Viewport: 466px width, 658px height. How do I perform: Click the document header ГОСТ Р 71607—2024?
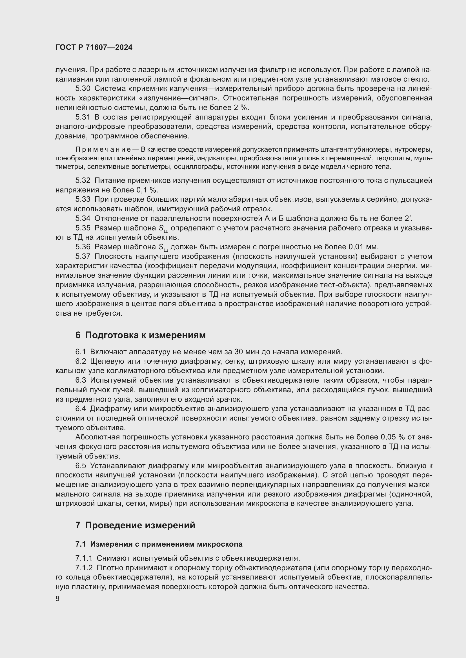tap(94, 48)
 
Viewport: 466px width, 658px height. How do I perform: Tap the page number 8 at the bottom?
tap(57, 599)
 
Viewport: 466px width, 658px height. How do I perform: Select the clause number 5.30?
tap(83, 89)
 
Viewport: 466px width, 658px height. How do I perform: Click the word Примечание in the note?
tap(103, 149)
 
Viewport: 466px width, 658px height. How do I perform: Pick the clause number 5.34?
tap(83, 218)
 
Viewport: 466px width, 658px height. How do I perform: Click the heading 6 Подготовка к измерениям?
tap(140, 335)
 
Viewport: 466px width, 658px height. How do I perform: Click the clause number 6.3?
tap(81, 380)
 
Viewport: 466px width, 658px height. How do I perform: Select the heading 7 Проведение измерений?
tap(135, 525)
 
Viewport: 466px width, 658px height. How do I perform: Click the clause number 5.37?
tap(83, 256)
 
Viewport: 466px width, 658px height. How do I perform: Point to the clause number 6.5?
tap(81, 466)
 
